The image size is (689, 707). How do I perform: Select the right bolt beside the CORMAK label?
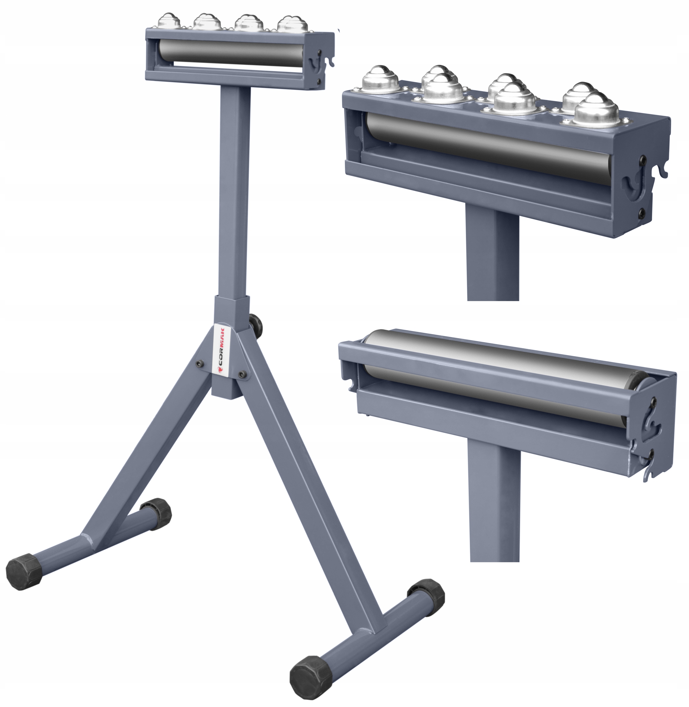tap(242, 375)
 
